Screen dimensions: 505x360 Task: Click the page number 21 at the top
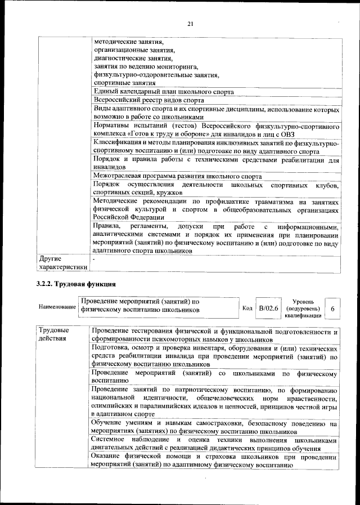(x=190, y=23)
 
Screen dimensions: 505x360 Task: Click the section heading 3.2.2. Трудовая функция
(x=76, y=284)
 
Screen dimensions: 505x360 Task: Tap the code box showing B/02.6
(x=268, y=309)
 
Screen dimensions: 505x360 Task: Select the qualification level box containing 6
(x=332, y=309)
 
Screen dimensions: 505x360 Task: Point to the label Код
(x=247, y=309)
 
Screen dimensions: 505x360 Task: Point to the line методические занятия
(x=128, y=42)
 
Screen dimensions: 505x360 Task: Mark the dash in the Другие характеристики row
(x=94, y=259)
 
